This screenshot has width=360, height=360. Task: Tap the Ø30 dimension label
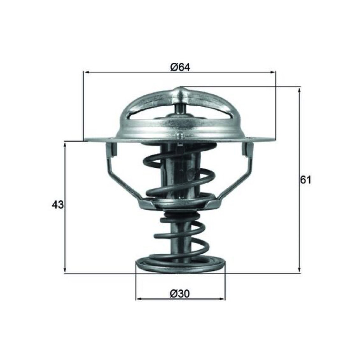coord(180,293)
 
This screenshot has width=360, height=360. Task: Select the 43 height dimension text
coord(58,205)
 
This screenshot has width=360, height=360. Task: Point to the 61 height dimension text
coord(306,180)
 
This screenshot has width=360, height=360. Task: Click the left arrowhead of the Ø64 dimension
coord(87,72)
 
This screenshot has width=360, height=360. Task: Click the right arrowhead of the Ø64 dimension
coord(272,72)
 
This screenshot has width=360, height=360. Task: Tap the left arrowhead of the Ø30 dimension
coord(139,299)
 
